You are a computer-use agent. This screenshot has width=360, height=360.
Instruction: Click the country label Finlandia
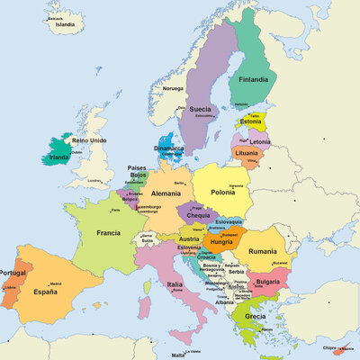pos(253,79)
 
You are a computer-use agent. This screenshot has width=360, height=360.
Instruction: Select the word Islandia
pos(65,25)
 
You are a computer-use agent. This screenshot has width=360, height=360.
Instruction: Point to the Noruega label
pos(173,88)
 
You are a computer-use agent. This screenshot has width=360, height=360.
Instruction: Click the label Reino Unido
pos(90,141)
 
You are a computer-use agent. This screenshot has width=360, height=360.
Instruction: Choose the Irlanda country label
pos(58,157)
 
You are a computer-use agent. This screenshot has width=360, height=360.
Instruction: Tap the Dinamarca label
pos(168,148)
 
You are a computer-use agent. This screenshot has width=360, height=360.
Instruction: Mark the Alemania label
pos(166,193)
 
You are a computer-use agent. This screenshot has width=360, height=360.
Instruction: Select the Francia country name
pos(103,232)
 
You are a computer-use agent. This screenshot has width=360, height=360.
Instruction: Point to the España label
pos(46,292)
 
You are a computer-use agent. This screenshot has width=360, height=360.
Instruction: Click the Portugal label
pos(12,273)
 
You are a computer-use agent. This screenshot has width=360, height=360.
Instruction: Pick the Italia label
pos(175,284)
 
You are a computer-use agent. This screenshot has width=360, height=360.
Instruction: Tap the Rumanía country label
pos(263,251)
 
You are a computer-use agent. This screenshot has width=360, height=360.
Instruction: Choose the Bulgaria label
pos(268,281)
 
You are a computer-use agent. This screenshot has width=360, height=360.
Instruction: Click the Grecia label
pos(255,316)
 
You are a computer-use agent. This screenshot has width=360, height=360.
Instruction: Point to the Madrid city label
pos(55,283)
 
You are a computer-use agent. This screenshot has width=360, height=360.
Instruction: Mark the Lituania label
pos(247,153)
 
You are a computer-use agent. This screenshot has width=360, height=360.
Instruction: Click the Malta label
pos(192,355)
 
